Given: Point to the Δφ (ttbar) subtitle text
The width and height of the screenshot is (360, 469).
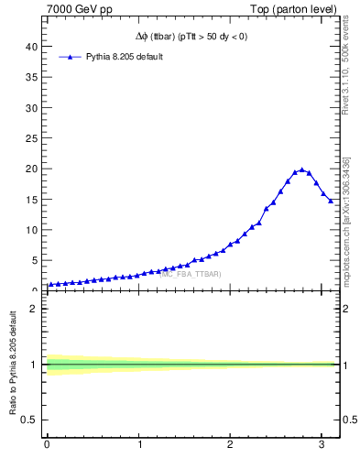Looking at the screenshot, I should [x=190, y=37].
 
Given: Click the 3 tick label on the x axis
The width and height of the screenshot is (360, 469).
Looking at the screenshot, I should [x=322, y=445].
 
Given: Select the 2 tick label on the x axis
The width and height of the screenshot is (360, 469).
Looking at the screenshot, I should [x=230, y=445].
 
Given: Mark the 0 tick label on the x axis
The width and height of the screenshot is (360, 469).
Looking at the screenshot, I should [x=47, y=445].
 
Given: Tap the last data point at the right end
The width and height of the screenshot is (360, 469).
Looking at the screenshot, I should [x=331, y=201].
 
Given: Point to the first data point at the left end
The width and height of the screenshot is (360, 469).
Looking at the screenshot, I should [x=50, y=284].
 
